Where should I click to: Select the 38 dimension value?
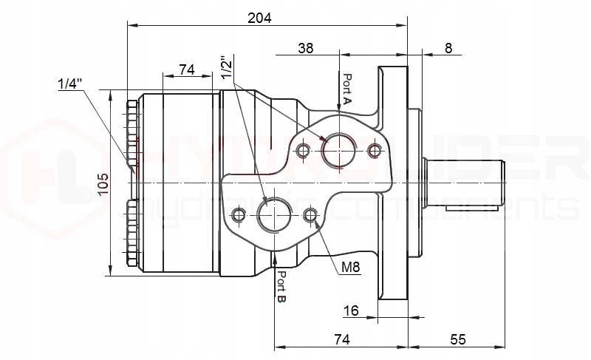[305, 48]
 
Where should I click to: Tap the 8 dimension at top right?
[448, 48]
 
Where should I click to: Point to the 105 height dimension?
[103, 182]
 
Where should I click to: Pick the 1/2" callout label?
[228, 64]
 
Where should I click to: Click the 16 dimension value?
[352, 311]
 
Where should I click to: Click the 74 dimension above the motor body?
[186, 69]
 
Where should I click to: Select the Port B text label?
[281, 287]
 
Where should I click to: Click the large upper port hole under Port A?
[339, 150]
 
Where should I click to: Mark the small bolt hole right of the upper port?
[375, 151]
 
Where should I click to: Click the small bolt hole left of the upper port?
[302, 151]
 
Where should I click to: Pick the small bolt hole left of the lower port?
[238, 215]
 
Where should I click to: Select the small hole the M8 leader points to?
[311, 215]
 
